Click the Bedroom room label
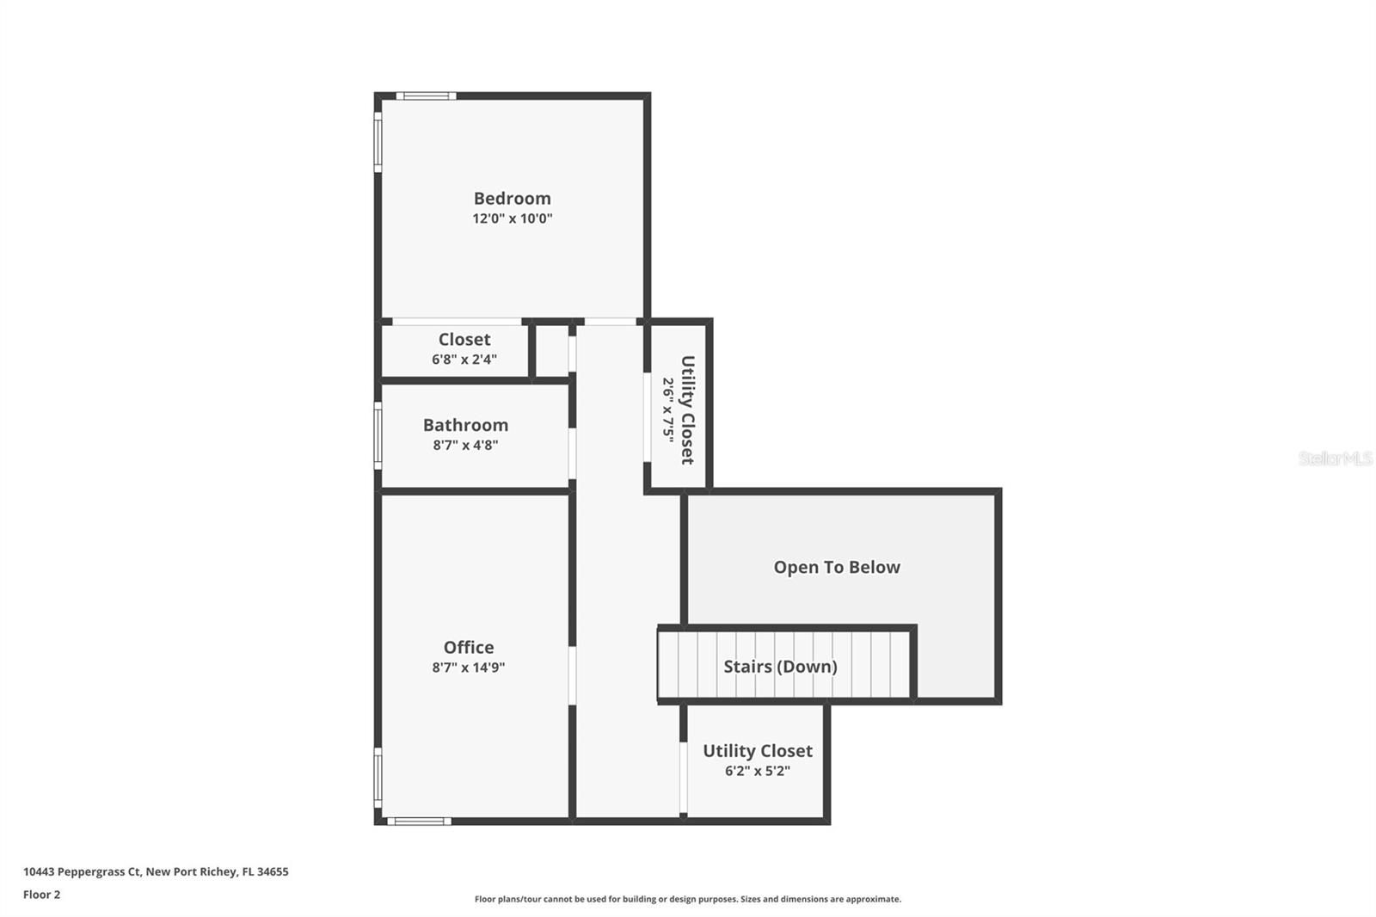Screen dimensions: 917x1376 click(512, 198)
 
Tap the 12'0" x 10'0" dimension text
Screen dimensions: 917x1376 click(512, 218)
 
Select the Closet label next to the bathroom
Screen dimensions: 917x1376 click(464, 339)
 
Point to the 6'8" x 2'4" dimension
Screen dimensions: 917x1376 click(464, 360)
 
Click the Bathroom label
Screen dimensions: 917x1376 click(465, 425)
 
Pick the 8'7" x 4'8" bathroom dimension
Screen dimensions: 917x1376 click(465, 446)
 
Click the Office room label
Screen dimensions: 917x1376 click(469, 647)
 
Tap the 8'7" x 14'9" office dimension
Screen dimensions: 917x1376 click(469, 668)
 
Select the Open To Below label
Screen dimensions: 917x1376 click(837, 567)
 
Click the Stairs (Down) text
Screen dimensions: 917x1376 click(780, 666)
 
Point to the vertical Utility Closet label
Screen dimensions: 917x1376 click(688, 409)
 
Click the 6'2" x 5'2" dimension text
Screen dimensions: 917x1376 click(757, 771)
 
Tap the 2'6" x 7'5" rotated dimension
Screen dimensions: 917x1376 click(668, 409)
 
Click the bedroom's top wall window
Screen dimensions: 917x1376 click(426, 95)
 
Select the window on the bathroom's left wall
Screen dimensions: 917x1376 click(378, 436)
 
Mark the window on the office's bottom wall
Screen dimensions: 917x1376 click(419, 822)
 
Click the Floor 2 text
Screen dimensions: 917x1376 click(41, 895)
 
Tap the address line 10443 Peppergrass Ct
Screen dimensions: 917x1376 click(156, 871)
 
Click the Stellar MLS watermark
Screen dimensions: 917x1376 click(1335, 459)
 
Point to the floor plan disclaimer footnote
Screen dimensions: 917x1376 click(688, 899)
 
